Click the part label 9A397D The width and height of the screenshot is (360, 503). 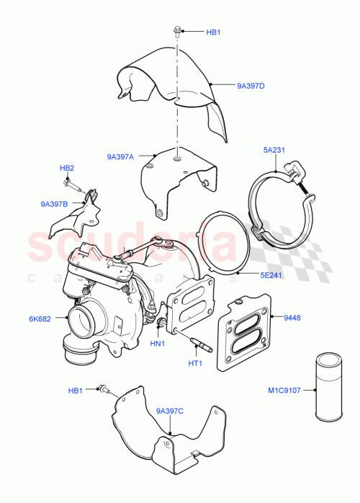point(251,86)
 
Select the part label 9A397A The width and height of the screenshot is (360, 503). point(121,156)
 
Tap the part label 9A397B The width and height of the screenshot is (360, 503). point(55,204)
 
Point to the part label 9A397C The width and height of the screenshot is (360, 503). point(170,411)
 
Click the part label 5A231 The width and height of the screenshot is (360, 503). point(274,151)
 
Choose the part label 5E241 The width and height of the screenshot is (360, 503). point(274,274)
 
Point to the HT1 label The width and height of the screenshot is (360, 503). point(194,363)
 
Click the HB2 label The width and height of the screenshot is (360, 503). point(67,169)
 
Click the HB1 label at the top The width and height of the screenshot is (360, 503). point(214,32)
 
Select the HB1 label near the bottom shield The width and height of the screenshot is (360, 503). point(76,391)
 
